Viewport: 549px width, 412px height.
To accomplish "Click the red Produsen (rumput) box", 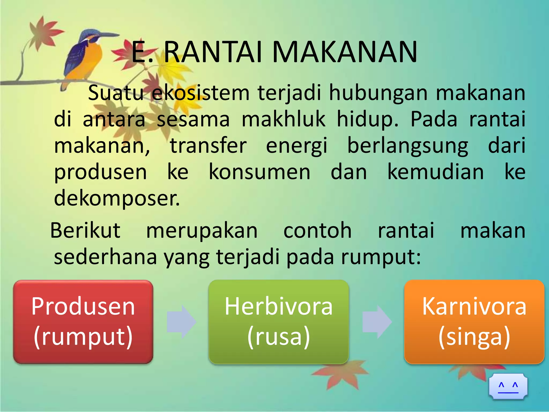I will coord(83,322).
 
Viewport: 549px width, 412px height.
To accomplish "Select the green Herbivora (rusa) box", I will coord(279,322).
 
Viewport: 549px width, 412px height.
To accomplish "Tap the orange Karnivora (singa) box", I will coord(474,322).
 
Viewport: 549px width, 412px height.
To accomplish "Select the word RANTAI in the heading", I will coord(213,52).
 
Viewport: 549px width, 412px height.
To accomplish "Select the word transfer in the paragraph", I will coord(208,146).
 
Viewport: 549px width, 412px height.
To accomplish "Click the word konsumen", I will coord(259,172).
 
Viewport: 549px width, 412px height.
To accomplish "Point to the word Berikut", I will coord(85,230).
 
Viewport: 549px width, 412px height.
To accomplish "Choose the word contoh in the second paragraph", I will coord(317,230).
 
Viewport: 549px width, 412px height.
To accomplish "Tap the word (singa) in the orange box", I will coord(474,337).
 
